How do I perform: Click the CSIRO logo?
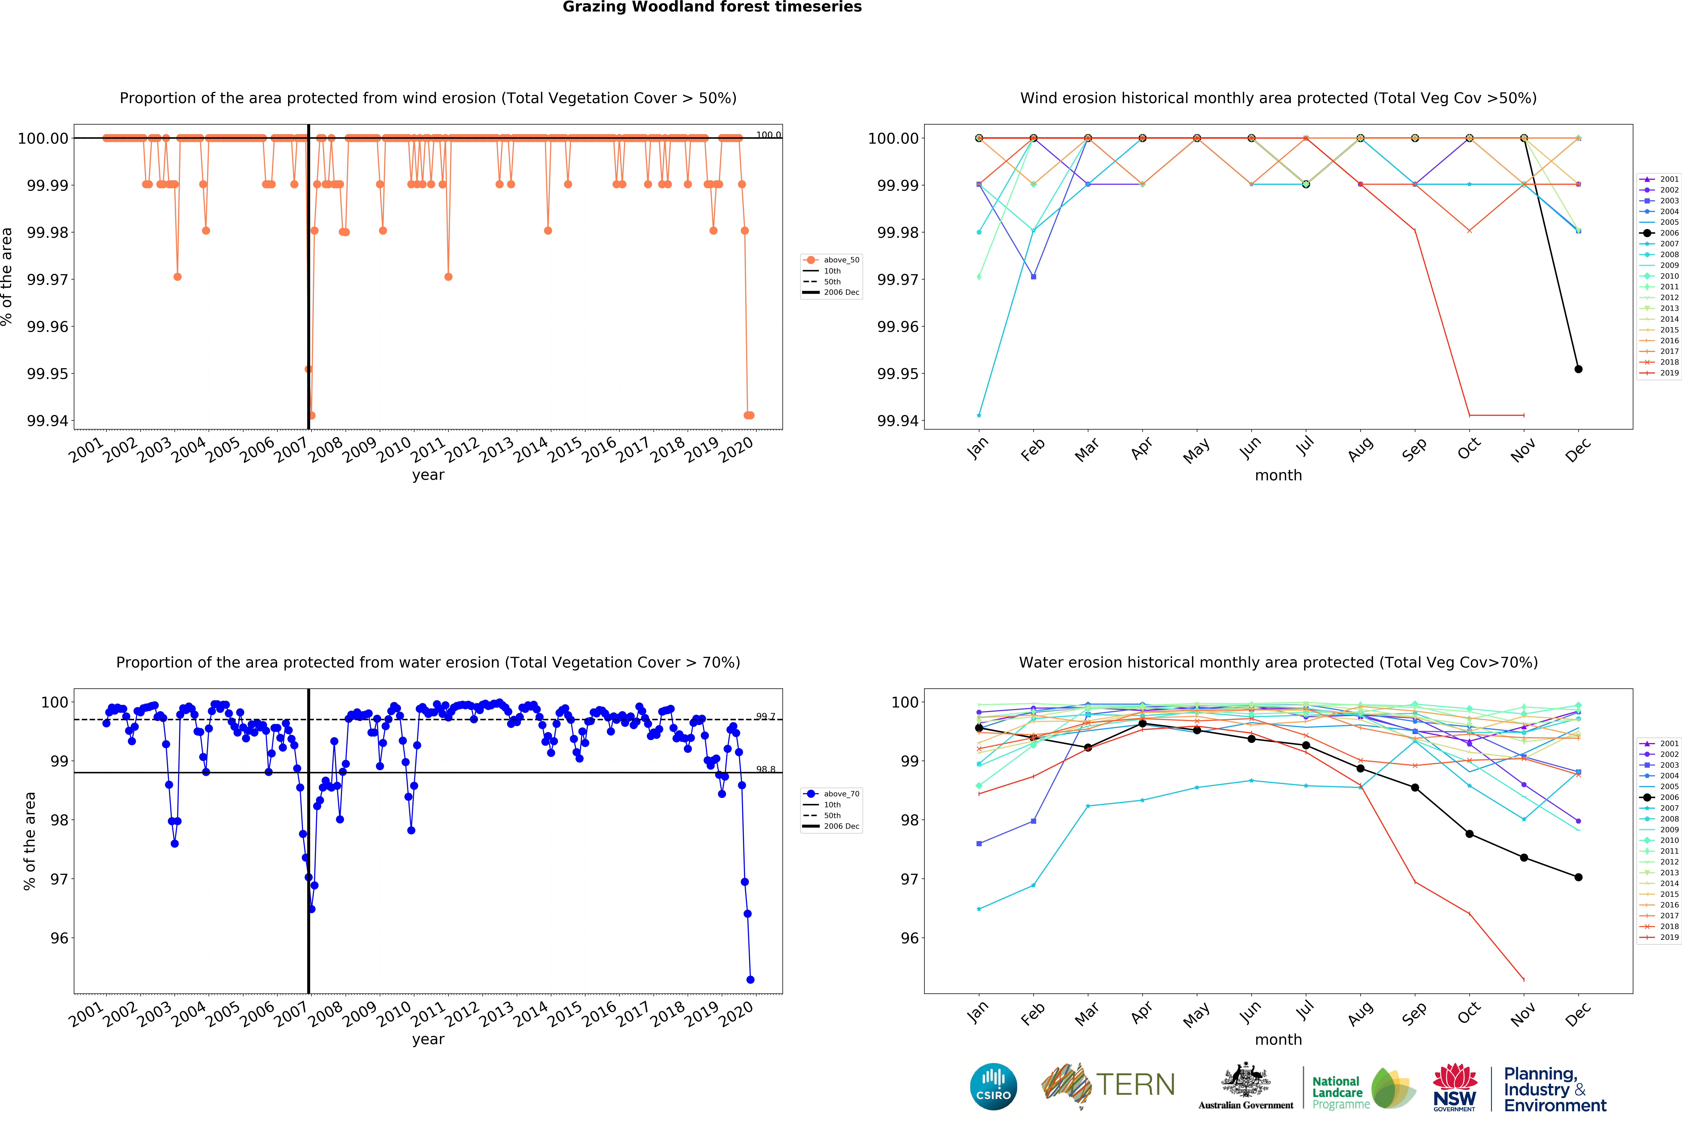[x=993, y=1086]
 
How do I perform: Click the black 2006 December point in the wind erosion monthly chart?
[x=1578, y=369]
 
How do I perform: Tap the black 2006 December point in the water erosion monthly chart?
[x=1578, y=877]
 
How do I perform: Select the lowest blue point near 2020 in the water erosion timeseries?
[x=750, y=979]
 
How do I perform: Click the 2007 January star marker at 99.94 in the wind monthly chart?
[x=979, y=415]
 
